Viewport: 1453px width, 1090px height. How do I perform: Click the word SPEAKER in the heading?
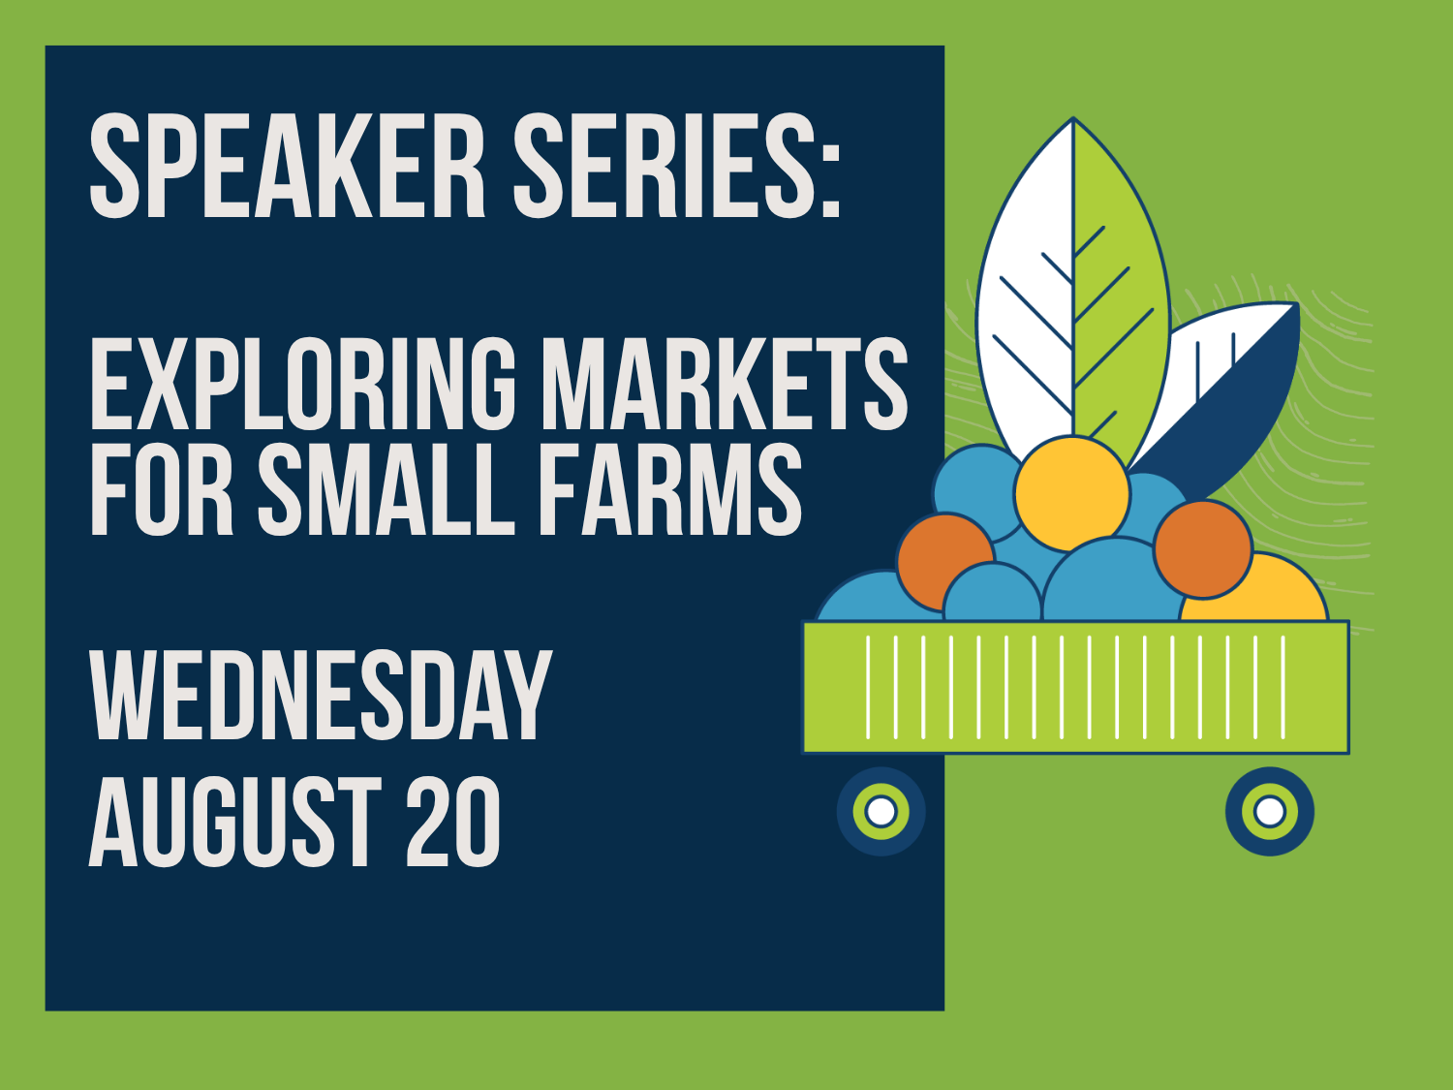[288, 166]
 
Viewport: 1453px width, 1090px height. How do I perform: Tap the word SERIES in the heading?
[664, 166]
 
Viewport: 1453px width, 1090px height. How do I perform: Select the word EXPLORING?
[303, 384]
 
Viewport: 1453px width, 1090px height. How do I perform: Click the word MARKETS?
[725, 384]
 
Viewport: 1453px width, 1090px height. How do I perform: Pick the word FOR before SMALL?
[161, 489]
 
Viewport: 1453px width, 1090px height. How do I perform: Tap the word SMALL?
[386, 489]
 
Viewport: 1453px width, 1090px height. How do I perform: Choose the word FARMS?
[670, 489]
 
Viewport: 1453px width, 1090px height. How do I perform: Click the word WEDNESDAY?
[321, 695]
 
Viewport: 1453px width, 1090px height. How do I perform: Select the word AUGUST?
[235, 821]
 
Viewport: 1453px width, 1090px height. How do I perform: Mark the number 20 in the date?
[452, 821]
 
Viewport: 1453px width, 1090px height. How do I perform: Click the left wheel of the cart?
[881, 811]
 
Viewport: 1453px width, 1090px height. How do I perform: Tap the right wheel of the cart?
[1270, 811]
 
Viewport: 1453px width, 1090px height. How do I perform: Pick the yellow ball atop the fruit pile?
[1071, 493]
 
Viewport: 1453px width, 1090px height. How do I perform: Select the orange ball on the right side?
[1203, 549]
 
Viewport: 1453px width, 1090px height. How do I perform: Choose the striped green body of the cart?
[1075, 687]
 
